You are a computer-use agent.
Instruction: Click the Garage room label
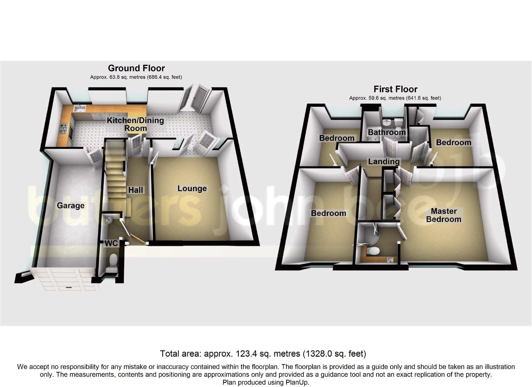click(x=71, y=205)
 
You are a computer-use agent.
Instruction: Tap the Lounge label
click(x=192, y=188)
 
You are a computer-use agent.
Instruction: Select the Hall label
click(x=136, y=190)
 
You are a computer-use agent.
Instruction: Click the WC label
click(x=111, y=243)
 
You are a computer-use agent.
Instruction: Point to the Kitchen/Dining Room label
click(x=135, y=124)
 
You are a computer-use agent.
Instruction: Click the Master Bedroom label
click(x=443, y=215)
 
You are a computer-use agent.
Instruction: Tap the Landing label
click(x=384, y=161)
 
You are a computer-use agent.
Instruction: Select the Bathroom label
click(x=387, y=132)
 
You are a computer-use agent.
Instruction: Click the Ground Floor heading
click(x=136, y=68)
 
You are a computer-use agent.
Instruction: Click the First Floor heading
click(x=395, y=89)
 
